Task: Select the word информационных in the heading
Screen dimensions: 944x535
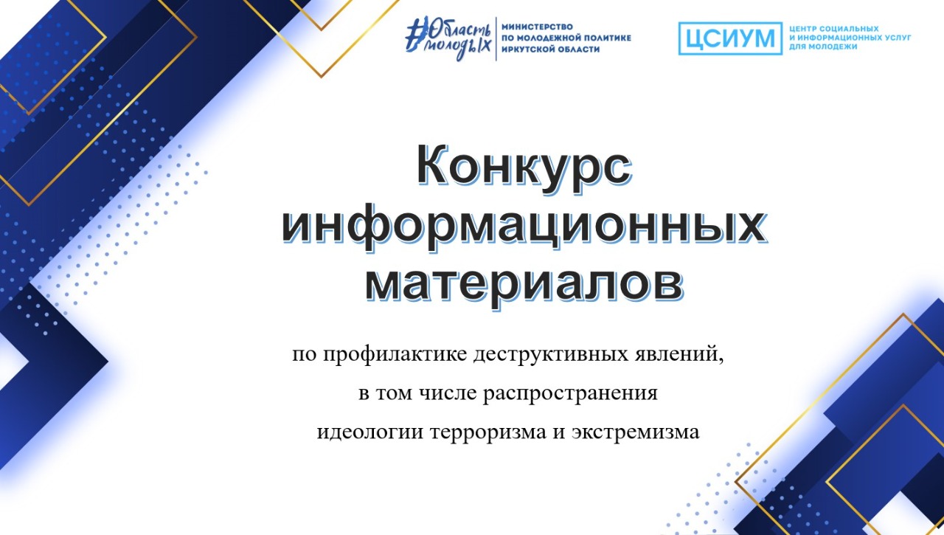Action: pos(524,228)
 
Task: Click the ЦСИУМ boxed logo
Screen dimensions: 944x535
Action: pos(730,38)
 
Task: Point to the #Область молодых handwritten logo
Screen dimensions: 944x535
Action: pos(449,38)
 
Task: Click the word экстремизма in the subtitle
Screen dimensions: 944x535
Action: pos(636,432)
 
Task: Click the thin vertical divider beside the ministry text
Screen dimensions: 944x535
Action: pos(496,39)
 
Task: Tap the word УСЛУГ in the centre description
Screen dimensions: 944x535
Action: pos(897,38)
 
